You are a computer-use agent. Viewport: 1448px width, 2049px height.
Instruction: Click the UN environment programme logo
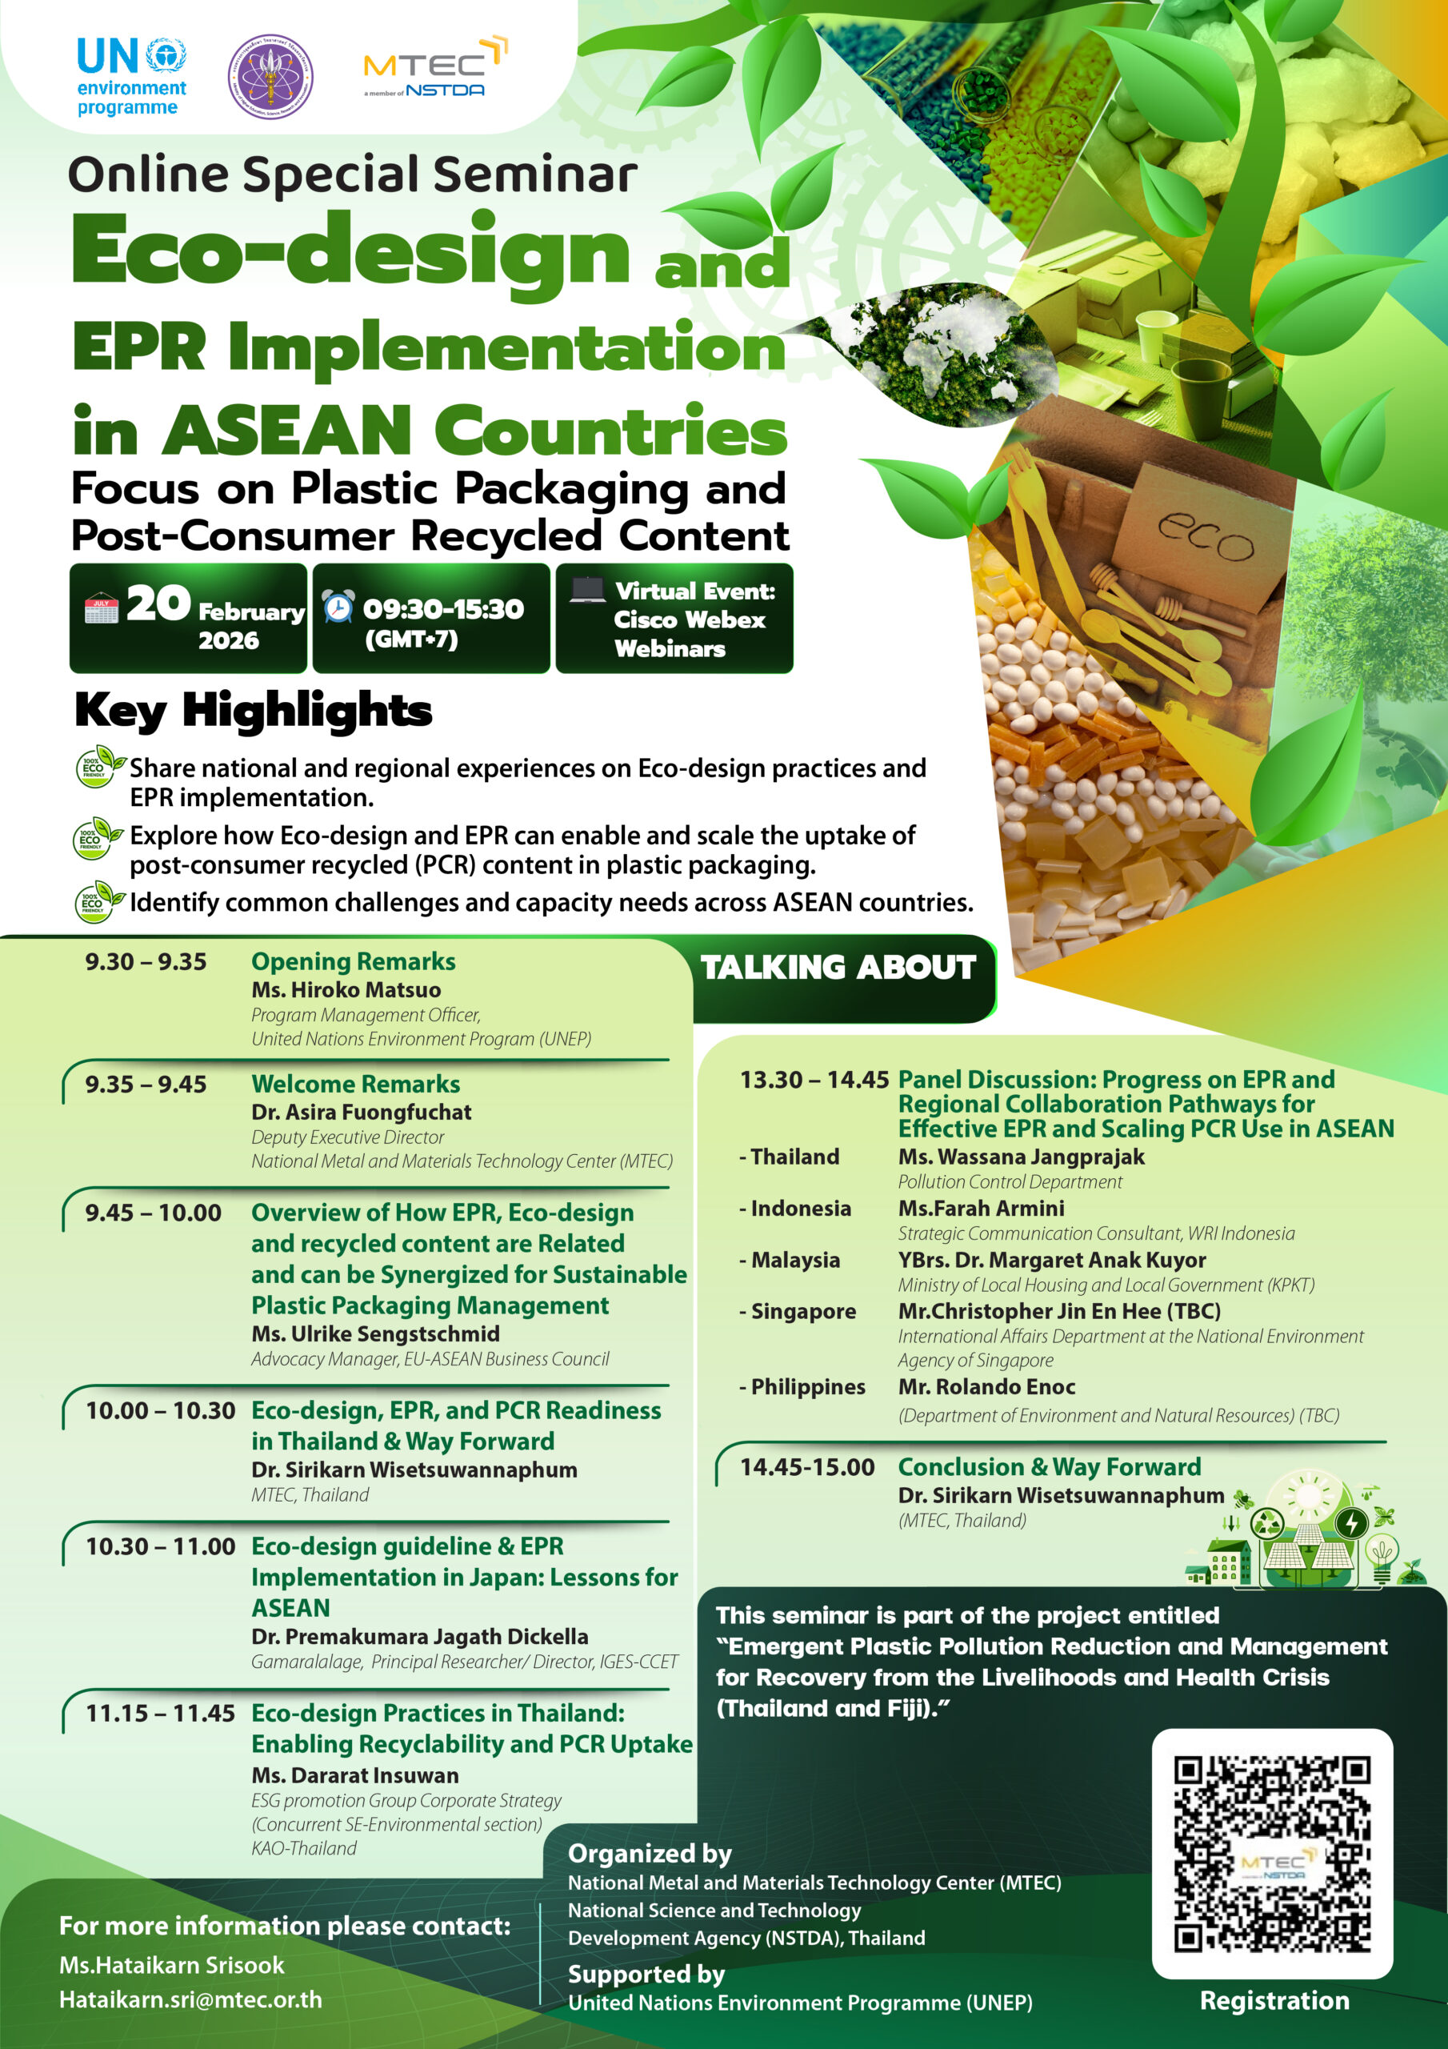131,78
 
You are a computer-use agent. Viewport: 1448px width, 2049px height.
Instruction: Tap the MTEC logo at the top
434,68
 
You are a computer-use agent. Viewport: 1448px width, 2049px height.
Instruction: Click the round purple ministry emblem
270,78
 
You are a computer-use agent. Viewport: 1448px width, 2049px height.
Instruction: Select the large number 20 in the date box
158,604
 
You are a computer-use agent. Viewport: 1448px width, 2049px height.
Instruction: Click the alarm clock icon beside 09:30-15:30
338,607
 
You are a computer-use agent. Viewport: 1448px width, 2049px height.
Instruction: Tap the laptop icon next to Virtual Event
587,590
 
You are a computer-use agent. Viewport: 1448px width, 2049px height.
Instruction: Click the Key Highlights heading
254,712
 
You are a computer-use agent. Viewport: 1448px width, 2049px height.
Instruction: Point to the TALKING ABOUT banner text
838,968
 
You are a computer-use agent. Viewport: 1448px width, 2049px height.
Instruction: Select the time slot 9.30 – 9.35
146,962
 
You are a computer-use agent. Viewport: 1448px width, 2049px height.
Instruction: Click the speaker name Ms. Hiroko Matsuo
346,990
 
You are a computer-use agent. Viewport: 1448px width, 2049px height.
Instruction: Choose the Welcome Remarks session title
355,1085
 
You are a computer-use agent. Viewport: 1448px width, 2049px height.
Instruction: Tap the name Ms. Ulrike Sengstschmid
376,1334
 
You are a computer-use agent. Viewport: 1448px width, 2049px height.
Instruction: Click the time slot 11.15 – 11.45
160,1714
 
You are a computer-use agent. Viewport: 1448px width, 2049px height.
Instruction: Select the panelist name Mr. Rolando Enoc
986,1387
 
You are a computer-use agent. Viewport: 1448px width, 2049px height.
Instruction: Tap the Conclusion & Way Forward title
1049,1467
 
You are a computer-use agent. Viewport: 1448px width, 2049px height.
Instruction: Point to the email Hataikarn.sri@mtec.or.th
190,2000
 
